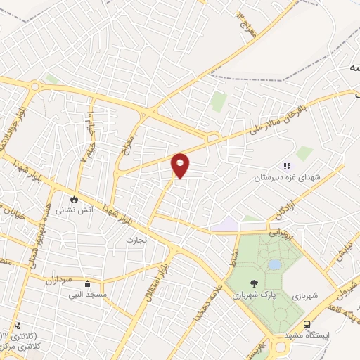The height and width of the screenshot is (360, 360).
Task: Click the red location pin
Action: (181, 165)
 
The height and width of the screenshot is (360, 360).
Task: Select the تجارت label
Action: (134, 241)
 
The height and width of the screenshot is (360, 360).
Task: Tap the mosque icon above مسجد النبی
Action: (88, 284)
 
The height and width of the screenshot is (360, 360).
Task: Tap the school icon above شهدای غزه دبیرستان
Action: (286, 166)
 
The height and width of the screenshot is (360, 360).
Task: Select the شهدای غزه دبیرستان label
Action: (288, 179)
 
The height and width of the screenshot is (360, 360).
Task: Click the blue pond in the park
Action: (275, 264)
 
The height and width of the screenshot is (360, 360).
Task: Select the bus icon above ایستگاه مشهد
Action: (307, 324)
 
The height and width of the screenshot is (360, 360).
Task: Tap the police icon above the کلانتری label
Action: (18, 326)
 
